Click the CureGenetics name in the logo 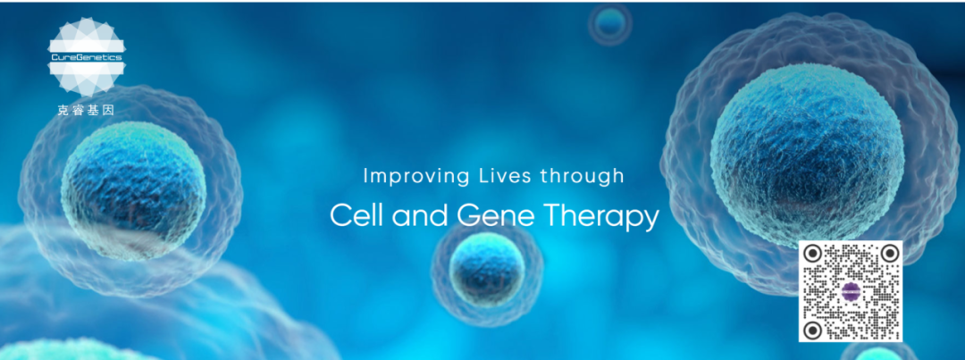coord(86,57)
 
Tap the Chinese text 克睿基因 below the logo coord(86,111)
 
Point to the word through coord(582,177)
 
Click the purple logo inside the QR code coord(852,290)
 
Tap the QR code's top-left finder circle coord(813,253)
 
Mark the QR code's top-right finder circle coord(889,253)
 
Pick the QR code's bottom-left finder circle coord(813,330)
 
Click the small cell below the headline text coord(487,269)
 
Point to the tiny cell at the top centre coord(610,23)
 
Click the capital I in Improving coord(365,176)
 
